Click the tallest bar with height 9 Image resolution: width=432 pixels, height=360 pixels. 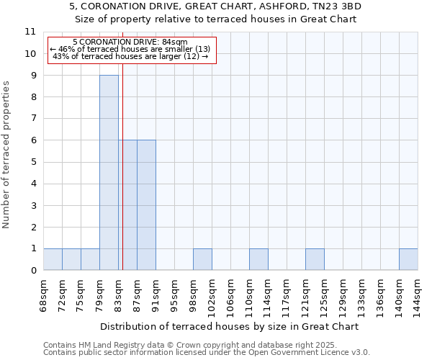click(x=109, y=173)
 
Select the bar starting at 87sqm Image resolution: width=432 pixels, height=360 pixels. click(x=146, y=205)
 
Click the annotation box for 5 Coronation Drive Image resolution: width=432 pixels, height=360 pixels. click(x=131, y=50)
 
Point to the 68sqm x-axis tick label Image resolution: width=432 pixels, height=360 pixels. click(x=43, y=296)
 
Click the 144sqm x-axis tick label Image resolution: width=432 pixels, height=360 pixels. click(x=418, y=296)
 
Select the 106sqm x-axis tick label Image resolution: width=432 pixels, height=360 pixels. click(x=230, y=296)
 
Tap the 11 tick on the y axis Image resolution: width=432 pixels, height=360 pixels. click(x=30, y=32)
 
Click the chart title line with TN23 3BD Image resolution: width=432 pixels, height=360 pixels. click(x=216, y=6)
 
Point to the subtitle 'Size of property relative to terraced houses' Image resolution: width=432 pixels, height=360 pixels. click(x=216, y=19)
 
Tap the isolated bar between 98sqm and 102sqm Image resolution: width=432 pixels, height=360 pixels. click(x=202, y=260)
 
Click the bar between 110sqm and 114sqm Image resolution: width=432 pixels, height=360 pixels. click(x=258, y=260)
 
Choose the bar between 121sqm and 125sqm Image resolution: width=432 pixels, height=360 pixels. click(x=315, y=260)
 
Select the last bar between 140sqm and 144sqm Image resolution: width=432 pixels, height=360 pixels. click(x=408, y=260)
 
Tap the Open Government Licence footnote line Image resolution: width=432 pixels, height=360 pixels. click(x=207, y=353)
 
